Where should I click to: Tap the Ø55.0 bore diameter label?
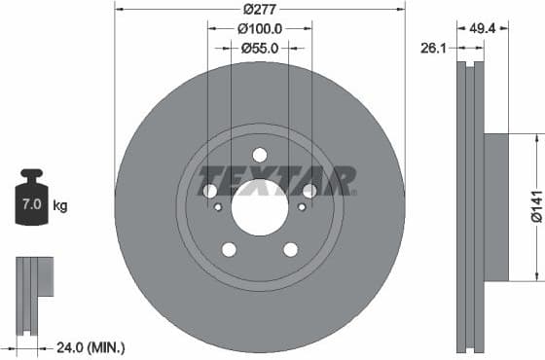[x=260, y=47]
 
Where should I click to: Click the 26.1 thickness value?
[x=434, y=45]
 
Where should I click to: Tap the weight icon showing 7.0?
[x=31, y=204]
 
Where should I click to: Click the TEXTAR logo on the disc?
[x=277, y=180]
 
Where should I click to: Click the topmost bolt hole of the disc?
[x=260, y=155]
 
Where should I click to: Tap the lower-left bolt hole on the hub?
[x=229, y=249]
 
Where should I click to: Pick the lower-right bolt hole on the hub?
[x=290, y=249]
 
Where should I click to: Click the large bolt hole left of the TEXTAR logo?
[x=210, y=191]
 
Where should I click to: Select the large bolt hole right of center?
[x=309, y=191]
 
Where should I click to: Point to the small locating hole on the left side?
[x=218, y=207]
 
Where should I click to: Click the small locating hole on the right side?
[x=302, y=207]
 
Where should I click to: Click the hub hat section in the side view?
[x=495, y=206]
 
